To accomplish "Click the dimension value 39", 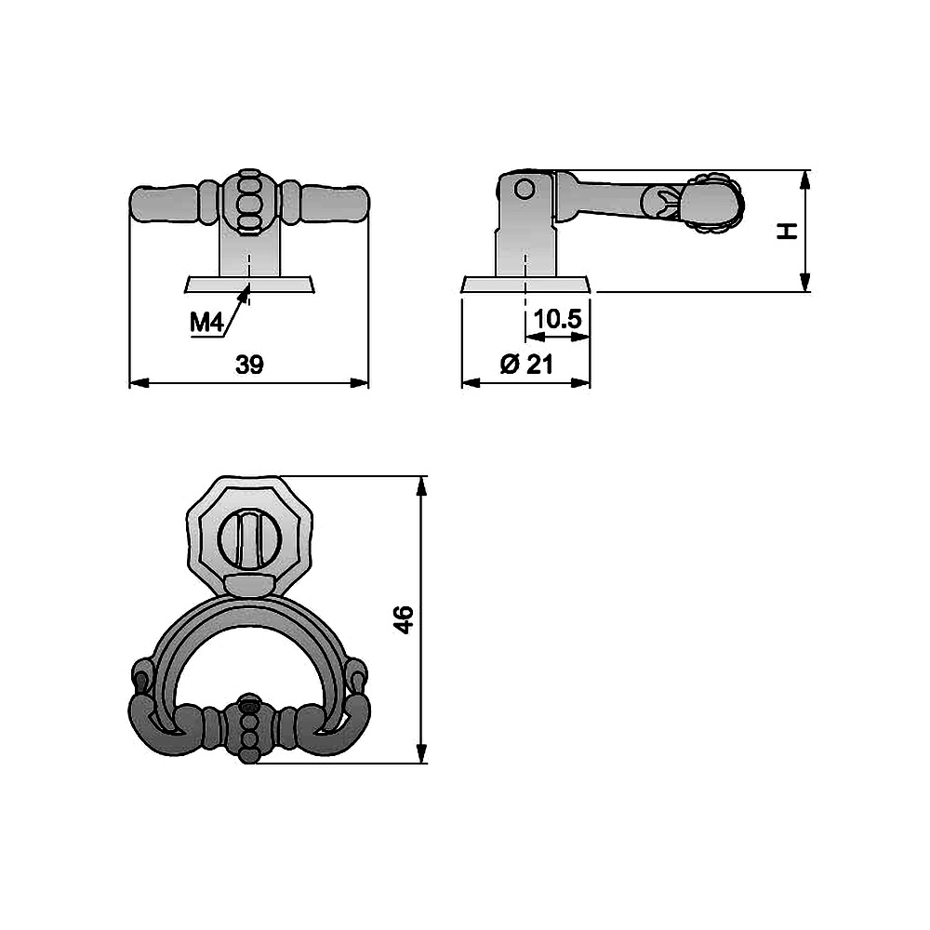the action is click(249, 365).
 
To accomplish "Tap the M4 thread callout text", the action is click(206, 324).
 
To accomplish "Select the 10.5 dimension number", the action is click(557, 319).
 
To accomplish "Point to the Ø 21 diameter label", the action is click(526, 364).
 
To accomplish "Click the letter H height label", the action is click(787, 232).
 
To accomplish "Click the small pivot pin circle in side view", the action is click(525, 189).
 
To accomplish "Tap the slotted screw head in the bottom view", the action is click(249, 539).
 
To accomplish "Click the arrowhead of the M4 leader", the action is click(246, 289).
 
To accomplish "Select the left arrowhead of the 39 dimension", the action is click(139, 383).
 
